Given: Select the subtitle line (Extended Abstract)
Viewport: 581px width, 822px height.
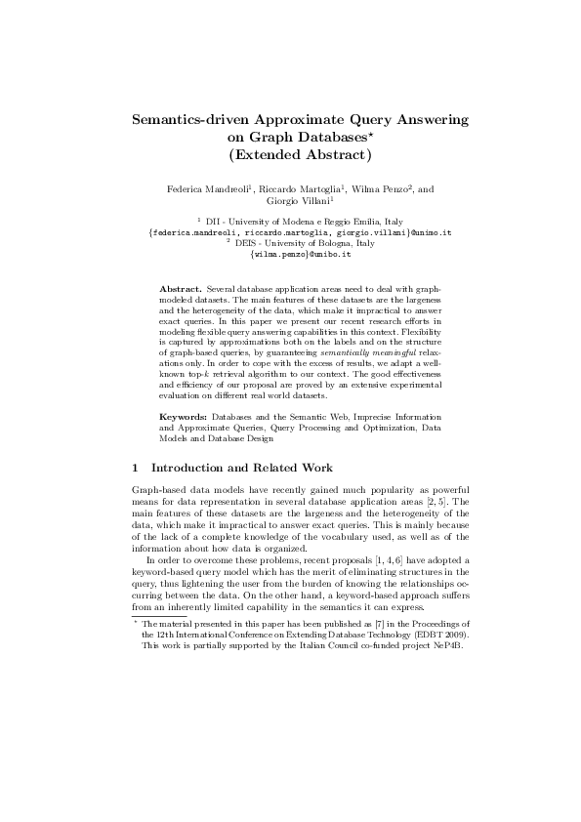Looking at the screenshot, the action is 290,154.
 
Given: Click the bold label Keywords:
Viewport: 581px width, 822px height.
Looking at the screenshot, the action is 183,416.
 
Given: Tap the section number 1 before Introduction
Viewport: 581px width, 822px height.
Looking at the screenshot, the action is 136,468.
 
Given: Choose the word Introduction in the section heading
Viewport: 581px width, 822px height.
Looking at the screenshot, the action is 188,468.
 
